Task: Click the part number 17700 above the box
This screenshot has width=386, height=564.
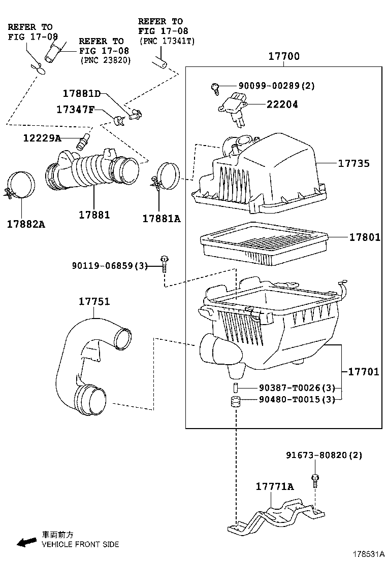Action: coord(283,57)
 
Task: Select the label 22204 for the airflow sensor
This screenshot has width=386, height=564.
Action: coord(282,104)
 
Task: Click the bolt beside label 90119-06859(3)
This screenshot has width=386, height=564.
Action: coord(165,264)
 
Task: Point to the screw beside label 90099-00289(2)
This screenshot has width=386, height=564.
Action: coord(215,88)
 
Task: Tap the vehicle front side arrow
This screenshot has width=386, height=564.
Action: coord(25,543)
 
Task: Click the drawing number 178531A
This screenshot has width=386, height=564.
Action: coord(366,553)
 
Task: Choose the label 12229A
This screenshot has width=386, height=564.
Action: coord(42,138)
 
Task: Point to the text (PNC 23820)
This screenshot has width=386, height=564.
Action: coord(105,60)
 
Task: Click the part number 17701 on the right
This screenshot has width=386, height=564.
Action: coord(363,372)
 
